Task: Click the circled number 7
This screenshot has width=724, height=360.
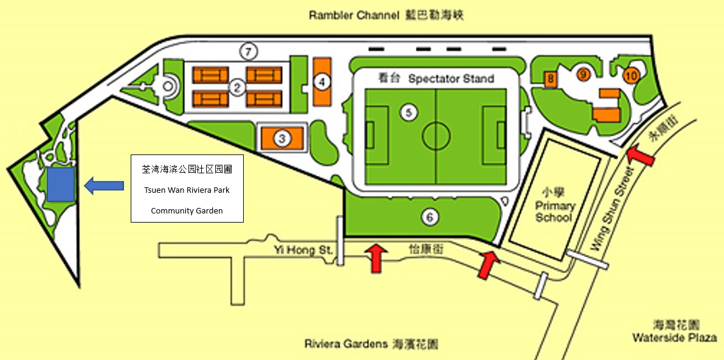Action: point(247,52)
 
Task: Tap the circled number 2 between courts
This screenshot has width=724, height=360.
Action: point(238,88)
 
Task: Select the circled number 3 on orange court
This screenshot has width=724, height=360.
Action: point(281,139)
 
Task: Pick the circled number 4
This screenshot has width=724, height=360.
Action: point(323,81)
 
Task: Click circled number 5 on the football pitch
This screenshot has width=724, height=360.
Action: point(409,112)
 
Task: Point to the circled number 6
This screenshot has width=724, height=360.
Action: point(430,216)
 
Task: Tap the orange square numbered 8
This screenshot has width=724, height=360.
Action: point(550,78)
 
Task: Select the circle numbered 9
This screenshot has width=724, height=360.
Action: point(583,74)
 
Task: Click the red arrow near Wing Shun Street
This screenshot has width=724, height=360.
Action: point(641,155)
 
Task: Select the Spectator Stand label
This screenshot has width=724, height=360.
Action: point(450,78)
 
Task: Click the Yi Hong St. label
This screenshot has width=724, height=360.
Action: point(302,249)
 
